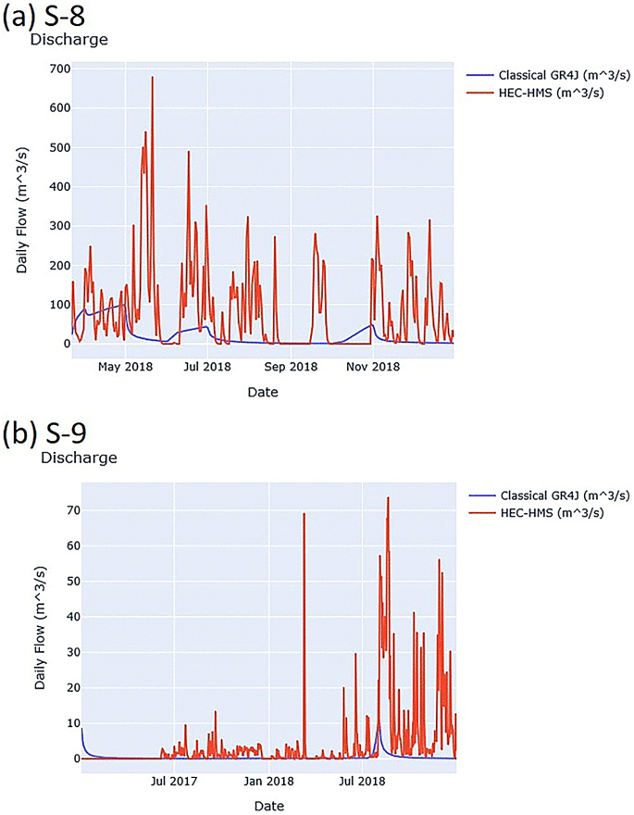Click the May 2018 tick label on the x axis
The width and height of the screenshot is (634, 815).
click(124, 367)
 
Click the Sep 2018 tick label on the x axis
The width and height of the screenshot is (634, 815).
click(291, 367)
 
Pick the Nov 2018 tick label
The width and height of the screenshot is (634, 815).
click(373, 367)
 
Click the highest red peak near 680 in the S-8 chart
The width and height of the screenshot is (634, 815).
click(152, 78)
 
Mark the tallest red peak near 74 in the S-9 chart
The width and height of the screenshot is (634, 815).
click(388, 498)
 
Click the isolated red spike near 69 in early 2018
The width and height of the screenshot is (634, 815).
click(304, 514)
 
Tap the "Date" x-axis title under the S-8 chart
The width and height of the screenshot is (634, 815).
click(262, 392)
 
